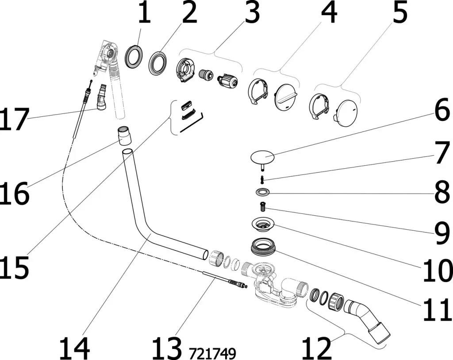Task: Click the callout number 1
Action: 143,14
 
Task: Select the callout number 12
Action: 317,348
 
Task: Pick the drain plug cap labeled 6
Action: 262,157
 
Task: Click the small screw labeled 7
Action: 263,179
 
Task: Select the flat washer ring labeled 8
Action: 263,192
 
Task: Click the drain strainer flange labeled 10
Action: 263,224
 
